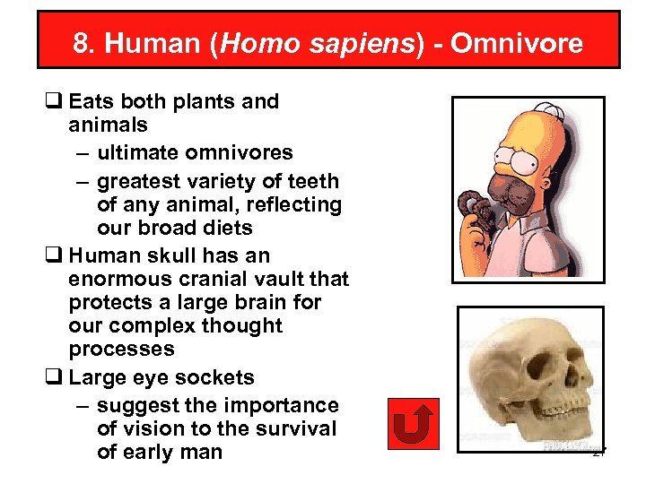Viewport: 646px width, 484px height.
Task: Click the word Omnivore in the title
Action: [x=517, y=43]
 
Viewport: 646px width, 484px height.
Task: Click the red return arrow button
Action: [x=414, y=423]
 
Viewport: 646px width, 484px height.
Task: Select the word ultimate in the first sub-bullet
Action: [x=134, y=152]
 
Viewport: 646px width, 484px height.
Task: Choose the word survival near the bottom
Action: [x=297, y=428]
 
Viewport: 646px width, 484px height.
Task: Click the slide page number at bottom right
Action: [x=599, y=454]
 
